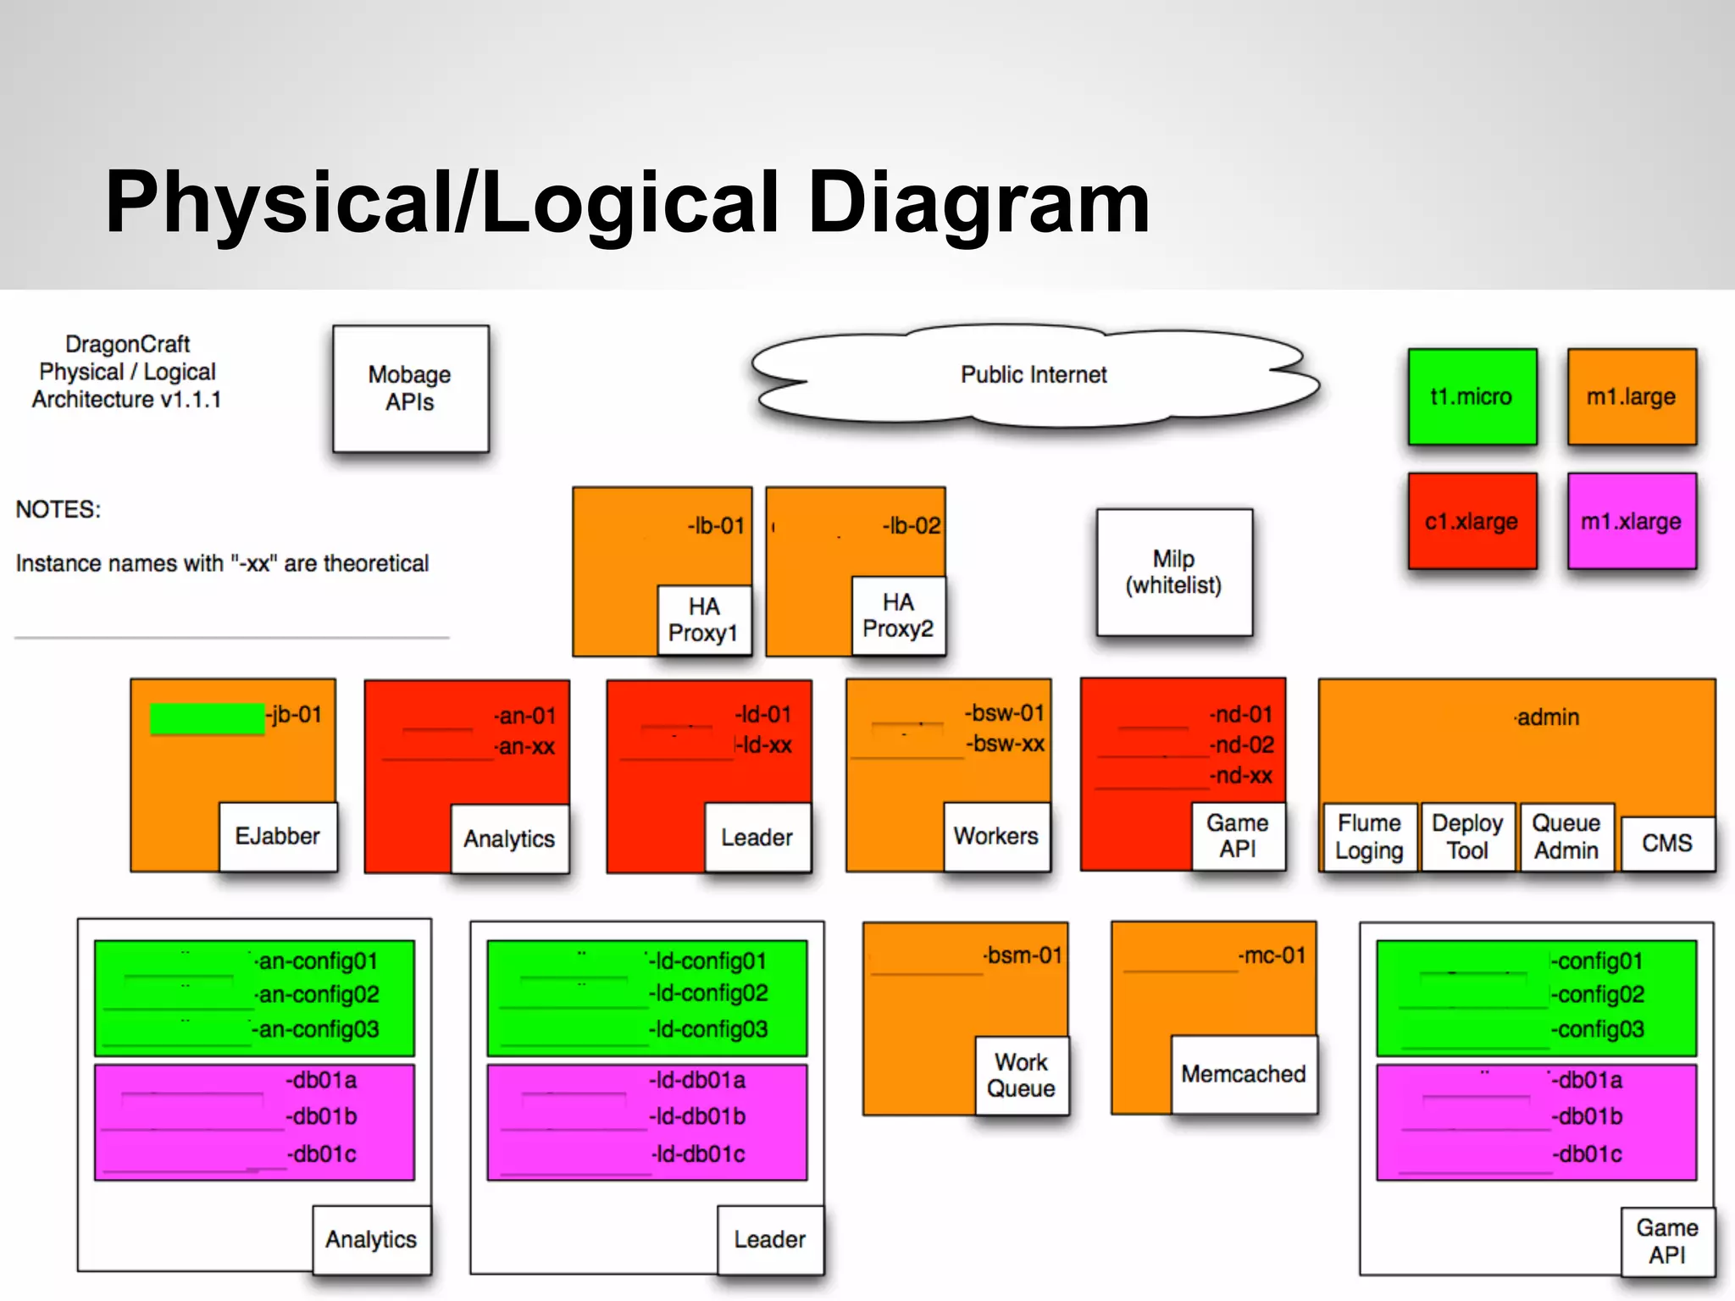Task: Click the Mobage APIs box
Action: tap(410, 389)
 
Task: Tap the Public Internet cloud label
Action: tap(1033, 374)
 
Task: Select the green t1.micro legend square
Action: tap(1472, 396)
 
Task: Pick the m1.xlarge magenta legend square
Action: tap(1631, 521)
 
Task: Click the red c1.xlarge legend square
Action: tap(1472, 521)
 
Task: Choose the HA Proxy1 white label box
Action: tap(703, 620)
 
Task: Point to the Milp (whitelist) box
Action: tap(1173, 573)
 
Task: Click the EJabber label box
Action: tap(277, 837)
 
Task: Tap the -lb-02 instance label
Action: tap(911, 526)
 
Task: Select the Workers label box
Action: tap(995, 837)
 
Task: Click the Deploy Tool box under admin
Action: tap(1466, 837)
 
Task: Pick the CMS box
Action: tap(1666, 844)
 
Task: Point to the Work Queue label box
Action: tap(1021, 1076)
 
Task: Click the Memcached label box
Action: tap(1243, 1074)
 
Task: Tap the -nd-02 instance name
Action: tap(1242, 745)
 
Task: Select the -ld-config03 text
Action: tap(708, 1029)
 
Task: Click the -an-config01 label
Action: tap(317, 961)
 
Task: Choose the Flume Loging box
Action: tap(1369, 837)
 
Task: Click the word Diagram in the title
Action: tap(978, 202)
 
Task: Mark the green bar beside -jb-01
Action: tap(207, 718)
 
